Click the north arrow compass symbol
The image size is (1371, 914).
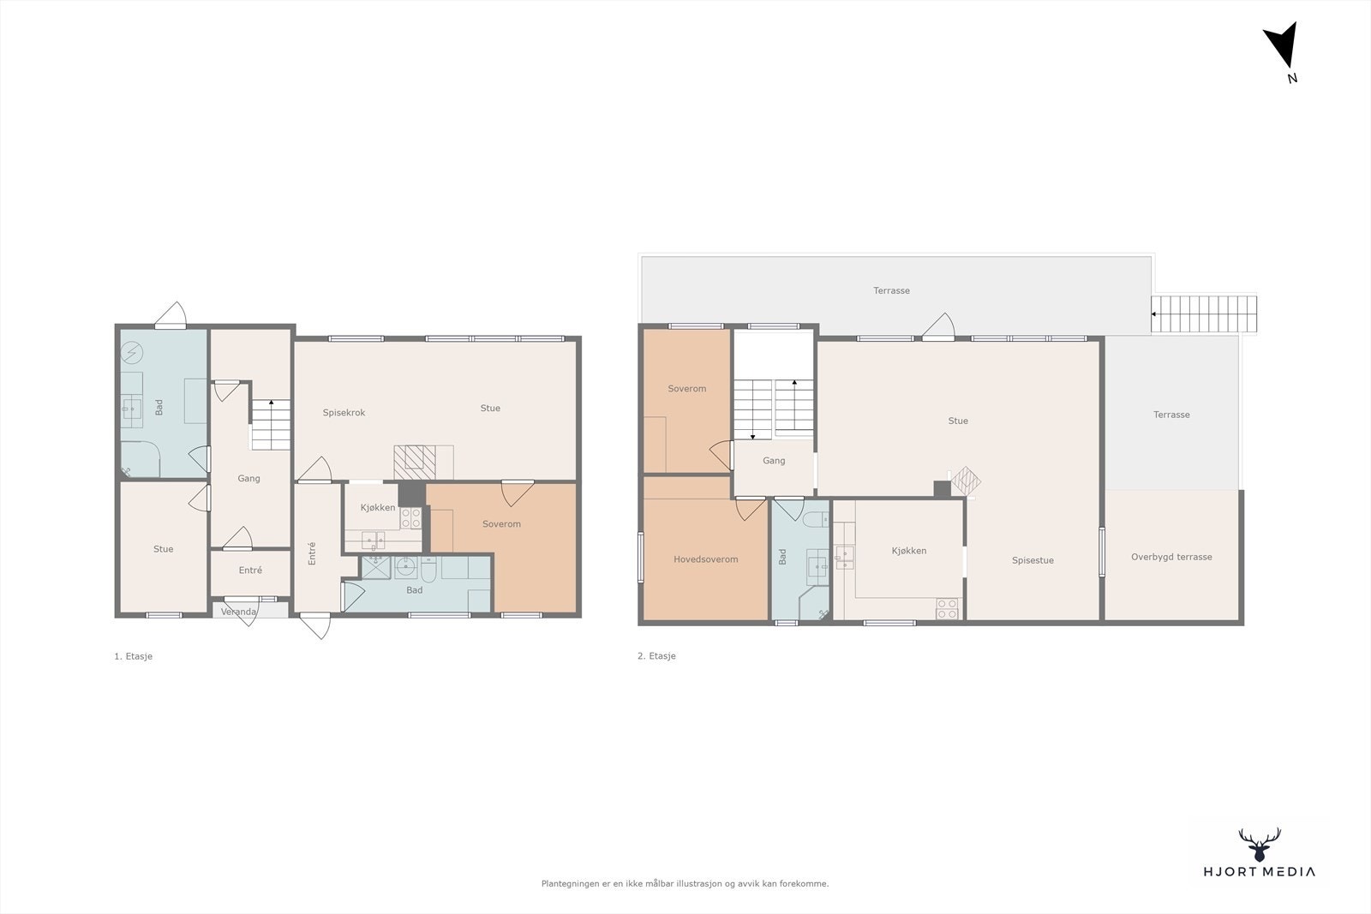coord(1283,46)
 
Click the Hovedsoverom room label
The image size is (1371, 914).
coord(705,559)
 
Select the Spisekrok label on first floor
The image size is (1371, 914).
coord(344,413)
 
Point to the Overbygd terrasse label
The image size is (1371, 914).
coord(1171,557)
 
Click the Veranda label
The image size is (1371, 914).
coord(238,612)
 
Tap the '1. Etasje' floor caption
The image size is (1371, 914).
coord(133,656)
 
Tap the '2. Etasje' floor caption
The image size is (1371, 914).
coord(656,656)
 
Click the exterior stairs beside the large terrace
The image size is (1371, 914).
coord(1204,314)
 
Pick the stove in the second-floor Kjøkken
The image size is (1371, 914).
coord(947,608)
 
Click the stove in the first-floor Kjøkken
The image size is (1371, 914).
coord(410,517)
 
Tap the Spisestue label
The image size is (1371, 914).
coord(1033,560)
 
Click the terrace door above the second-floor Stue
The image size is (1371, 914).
coord(939,328)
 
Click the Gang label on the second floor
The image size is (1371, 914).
coord(774,461)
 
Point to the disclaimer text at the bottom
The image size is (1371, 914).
coord(685,883)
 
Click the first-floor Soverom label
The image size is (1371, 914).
coord(501,524)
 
